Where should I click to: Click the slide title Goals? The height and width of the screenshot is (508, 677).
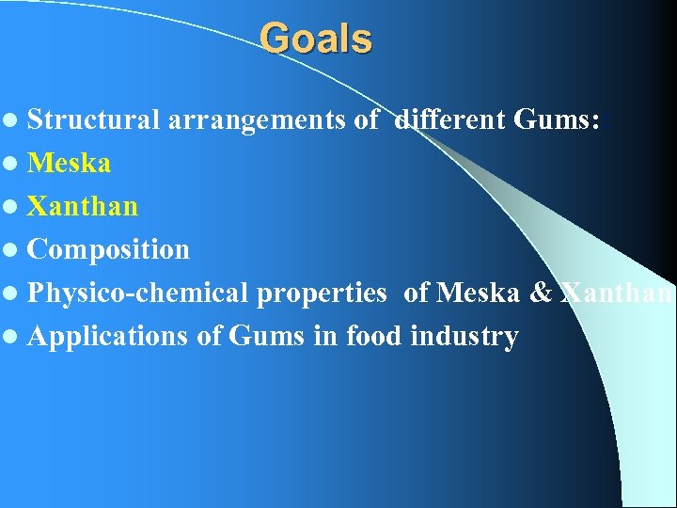(316, 40)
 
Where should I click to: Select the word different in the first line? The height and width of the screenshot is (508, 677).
(452, 120)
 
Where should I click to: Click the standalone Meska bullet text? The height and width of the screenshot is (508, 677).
(69, 164)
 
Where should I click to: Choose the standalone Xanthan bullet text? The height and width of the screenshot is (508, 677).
(83, 207)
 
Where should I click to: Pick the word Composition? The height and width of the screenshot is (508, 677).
(108, 250)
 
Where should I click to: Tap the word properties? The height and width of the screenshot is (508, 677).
(321, 294)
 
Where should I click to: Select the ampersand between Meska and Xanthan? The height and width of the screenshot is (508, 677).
(541, 294)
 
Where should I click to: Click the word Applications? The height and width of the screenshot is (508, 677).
(108, 337)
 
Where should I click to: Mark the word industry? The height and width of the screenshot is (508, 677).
(464, 337)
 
